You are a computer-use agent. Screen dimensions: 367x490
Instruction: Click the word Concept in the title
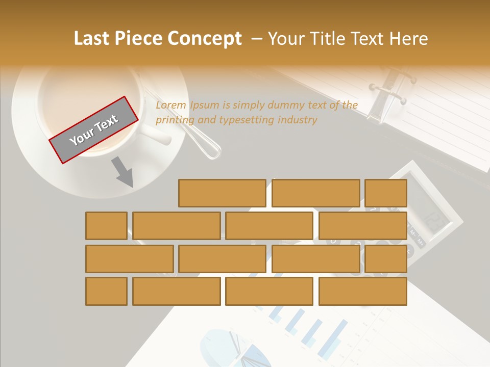(x=204, y=39)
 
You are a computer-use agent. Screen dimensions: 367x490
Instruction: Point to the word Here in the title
(x=408, y=39)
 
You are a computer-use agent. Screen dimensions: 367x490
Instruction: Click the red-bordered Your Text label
(x=94, y=130)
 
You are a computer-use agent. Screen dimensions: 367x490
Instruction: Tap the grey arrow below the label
(x=122, y=172)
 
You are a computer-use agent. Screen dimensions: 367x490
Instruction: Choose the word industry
(x=298, y=120)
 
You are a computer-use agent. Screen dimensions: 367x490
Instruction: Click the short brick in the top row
(x=386, y=193)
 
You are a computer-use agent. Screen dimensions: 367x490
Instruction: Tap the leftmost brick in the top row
(x=222, y=193)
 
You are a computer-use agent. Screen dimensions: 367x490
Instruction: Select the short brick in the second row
(x=106, y=226)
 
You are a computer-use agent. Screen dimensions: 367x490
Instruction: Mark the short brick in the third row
(x=386, y=259)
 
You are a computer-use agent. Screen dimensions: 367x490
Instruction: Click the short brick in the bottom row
(x=106, y=292)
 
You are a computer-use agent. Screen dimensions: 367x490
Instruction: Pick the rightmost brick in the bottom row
(x=362, y=292)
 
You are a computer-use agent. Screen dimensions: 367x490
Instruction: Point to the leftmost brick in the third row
(x=129, y=259)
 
